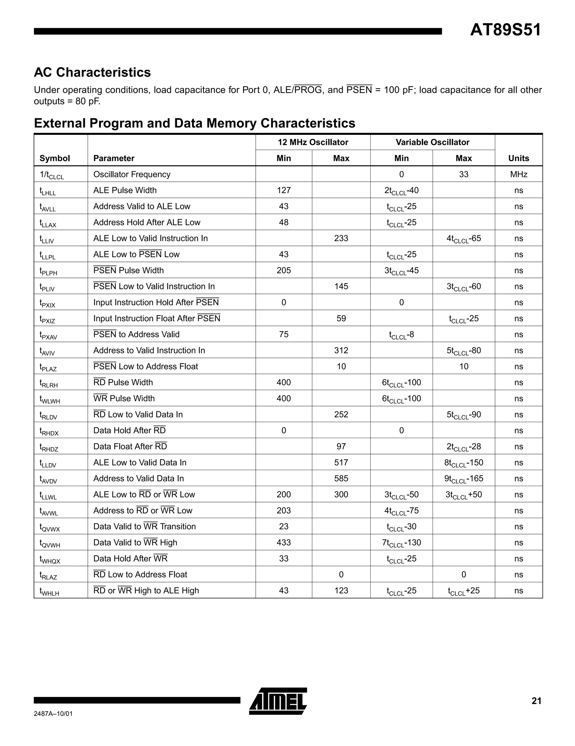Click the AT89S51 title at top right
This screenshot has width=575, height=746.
[x=505, y=30]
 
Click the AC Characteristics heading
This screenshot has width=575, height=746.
[x=92, y=72]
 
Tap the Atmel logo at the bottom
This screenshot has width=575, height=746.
[x=278, y=701]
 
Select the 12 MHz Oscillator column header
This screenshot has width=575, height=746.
[x=312, y=142]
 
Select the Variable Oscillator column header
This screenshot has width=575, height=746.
[x=432, y=142]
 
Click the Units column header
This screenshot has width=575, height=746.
[x=518, y=158]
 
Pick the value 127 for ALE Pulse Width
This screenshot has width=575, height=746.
[x=284, y=190]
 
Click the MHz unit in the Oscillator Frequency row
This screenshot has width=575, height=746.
[x=518, y=174]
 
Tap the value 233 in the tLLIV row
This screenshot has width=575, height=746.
[x=341, y=239]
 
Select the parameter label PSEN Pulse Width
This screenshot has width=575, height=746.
[x=128, y=270]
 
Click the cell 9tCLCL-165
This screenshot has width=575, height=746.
[x=464, y=479]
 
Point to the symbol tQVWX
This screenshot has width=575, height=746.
[x=49, y=527]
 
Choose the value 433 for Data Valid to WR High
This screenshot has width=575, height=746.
[x=284, y=542]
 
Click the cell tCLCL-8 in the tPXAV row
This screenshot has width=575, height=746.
[x=401, y=335]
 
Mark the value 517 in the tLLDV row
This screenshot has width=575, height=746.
[x=341, y=462]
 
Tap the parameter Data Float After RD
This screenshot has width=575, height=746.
[x=130, y=446]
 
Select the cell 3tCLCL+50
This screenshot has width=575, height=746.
[x=464, y=495]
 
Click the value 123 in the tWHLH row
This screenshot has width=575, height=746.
[x=341, y=591]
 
